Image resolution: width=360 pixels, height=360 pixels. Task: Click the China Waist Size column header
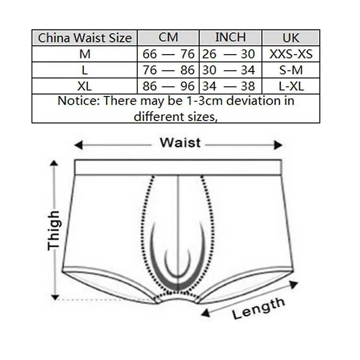[x=84, y=38]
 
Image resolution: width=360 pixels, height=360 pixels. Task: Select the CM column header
[x=168, y=37]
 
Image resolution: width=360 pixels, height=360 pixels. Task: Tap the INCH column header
[x=230, y=37]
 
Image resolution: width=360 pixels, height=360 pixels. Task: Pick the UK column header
[x=291, y=38]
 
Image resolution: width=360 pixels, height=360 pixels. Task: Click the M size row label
[x=84, y=54]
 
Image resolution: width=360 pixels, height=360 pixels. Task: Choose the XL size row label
[x=84, y=86]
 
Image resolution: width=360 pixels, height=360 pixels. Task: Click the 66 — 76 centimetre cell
[x=168, y=54]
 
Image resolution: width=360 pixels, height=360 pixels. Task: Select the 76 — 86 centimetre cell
[x=168, y=70]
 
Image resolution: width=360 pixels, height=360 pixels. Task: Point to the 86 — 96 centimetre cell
[x=168, y=86]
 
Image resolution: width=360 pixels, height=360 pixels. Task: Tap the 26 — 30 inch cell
[x=228, y=54]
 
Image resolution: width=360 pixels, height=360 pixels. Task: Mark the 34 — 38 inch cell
[x=228, y=86]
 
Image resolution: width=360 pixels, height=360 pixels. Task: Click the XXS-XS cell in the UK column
[x=291, y=54]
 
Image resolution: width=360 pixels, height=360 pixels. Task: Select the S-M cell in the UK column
[x=291, y=70]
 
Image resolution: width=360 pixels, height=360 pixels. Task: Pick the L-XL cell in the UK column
[x=291, y=86]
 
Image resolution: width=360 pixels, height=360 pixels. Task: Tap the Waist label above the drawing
[x=180, y=143]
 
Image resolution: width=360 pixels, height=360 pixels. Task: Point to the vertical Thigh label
[x=53, y=230]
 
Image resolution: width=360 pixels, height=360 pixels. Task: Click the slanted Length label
[x=259, y=308]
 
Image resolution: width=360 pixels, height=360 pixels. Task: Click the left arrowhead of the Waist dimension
[x=78, y=145]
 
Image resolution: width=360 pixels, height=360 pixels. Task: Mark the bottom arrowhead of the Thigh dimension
[x=55, y=297]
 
